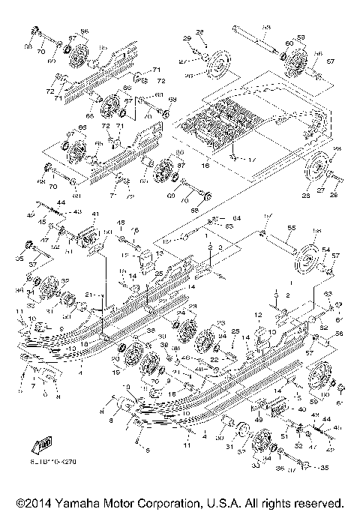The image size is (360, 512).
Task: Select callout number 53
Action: point(267,28)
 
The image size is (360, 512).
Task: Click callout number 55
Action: point(292,227)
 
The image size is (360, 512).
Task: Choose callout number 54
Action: point(325,250)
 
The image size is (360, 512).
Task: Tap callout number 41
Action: point(95,215)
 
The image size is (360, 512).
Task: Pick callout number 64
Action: point(225,218)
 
